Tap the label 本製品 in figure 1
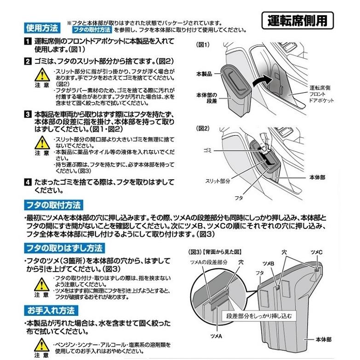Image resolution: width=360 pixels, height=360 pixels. coord(205,74)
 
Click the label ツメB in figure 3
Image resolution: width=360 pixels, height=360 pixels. coord(269,262)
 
